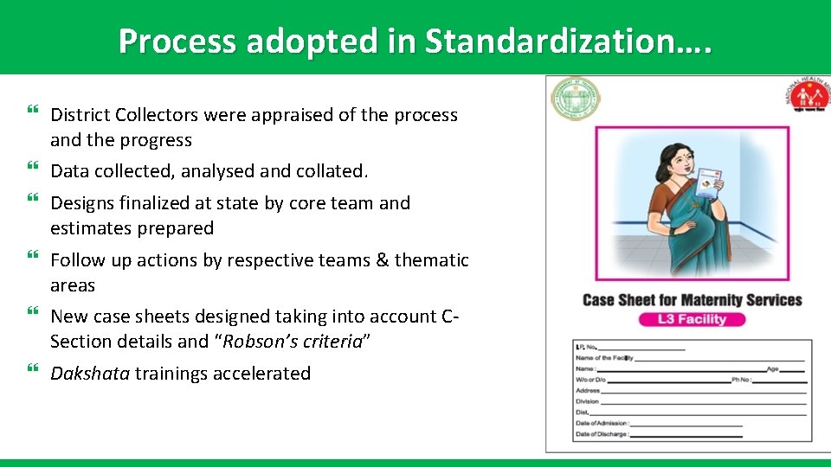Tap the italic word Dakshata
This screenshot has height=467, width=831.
pyautogui.click(x=90, y=374)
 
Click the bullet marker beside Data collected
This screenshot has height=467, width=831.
pyautogui.click(x=33, y=170)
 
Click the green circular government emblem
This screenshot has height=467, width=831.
pyautogui.click(x=576, y=100)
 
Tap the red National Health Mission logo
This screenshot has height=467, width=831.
pyautogui.click(x=807, y=98)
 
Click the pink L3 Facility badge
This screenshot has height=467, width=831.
pyautogui.click(x=692, y=319)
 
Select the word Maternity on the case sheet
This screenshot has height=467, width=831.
pyautogui.click(x=695, y=300)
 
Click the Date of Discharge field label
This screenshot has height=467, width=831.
pyautogui.click(x=602, y=434)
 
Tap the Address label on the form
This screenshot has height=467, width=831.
pyautogui.click(x=588, y=390)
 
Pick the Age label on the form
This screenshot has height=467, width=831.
pyautogui.click(x=772, y=368)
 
